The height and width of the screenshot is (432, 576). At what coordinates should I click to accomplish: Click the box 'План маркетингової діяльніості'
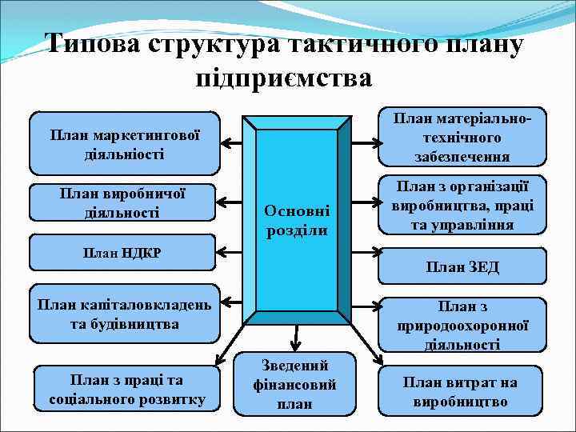click(x=124, y=143)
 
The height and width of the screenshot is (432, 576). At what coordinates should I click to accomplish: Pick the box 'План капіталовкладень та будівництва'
click(x=124, y=314)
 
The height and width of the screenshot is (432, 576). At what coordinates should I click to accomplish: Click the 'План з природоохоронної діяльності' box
click(x=462, y=325)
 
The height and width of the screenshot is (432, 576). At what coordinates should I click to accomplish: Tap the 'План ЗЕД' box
click(x=462, y=266)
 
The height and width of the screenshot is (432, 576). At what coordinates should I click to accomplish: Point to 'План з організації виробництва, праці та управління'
click(x=462, y=206)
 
